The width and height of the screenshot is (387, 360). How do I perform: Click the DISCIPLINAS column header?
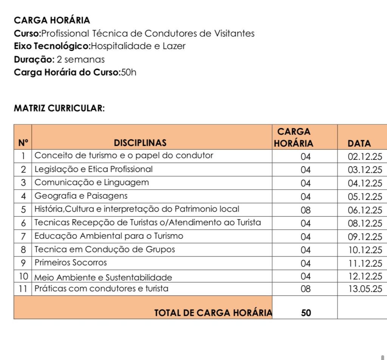point(140,143)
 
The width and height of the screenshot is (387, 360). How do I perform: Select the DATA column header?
point(359,144)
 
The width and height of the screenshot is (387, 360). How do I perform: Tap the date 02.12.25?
point(365,156)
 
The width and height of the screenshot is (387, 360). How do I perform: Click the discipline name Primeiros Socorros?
point(71,263)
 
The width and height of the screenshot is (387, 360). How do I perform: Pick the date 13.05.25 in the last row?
point(365,289)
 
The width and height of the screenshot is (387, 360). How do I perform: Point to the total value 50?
point(306,313)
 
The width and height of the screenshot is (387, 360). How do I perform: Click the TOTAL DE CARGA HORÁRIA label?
point(213,313)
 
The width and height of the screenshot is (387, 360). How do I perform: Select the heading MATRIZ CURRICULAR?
point(59,108)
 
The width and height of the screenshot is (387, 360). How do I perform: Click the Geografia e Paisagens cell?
point(81,196)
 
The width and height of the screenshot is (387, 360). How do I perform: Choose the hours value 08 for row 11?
point(305,289)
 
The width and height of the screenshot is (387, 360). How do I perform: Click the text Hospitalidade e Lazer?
point(138,46)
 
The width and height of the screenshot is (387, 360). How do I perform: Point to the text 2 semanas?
point(80,59)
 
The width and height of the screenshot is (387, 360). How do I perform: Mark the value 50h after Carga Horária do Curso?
point(128,73)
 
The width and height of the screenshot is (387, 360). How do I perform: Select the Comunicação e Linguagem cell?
point(91,183)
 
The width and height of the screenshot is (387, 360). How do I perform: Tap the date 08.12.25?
point(365,223)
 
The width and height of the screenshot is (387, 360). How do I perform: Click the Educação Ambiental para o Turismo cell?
point(109,236)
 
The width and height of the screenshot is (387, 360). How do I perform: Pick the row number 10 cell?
point(23,276)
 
